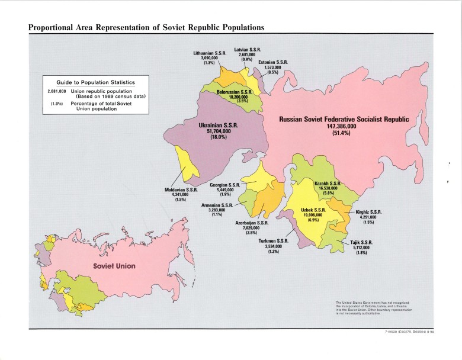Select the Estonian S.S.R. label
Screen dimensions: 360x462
(272, 62)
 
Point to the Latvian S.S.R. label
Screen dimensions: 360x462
(247, 49)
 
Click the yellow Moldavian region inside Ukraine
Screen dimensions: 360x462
(187, 162)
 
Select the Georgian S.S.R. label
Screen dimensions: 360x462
(224, 185)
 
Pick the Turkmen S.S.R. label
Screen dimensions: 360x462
(273, 241)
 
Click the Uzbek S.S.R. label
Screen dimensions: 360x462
(313, 210)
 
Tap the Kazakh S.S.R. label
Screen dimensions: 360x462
(327, 184)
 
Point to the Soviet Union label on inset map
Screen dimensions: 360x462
(114, 266)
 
